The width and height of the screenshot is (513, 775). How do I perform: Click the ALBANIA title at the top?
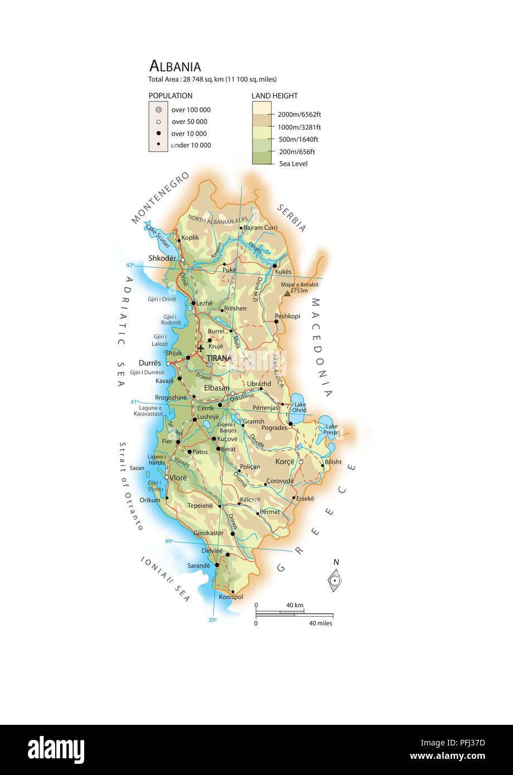pyautogui.click(x=175, y=66)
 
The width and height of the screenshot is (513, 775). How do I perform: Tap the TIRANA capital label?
pyautogui.click(x=219, y=358)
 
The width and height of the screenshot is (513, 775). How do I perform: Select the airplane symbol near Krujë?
pyautogui.click(x=201, y=348)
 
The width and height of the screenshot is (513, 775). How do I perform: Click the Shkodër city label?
pyautogui.click(x=162, y=258)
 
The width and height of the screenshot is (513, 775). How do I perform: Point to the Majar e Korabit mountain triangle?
pyautogui.click(x=287, y=293)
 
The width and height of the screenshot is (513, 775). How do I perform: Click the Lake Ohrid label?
pyautogui.click(x=300, y=407)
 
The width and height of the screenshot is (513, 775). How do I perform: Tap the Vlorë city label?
pyautogui.click(x=178, y=478)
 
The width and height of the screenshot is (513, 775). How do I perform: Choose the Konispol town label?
pyautogui.click(x=231, y=597)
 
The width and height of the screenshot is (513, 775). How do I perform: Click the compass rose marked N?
pyautogui.click(x=335, y=580)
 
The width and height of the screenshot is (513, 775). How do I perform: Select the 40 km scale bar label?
pyautogui.click(x=294, y=605)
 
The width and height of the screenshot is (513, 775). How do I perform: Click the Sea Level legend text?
pyautogui.click(x=293, y=163)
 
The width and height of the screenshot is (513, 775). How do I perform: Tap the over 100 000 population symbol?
pyautogui.click(x=158, y=110)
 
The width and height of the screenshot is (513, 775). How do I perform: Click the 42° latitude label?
pyautogui.click(x=130, y=265)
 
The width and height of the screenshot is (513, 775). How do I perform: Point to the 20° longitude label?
pyautogui.click(x=212, y=619)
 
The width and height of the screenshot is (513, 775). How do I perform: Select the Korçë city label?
pyautogui.click(x=284, y=462)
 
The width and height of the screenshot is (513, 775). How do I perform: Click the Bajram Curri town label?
pyautogui.click(x=260, y=227)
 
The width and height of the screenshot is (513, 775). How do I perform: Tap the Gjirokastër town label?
pyautogui.click(x=208, y=533)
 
